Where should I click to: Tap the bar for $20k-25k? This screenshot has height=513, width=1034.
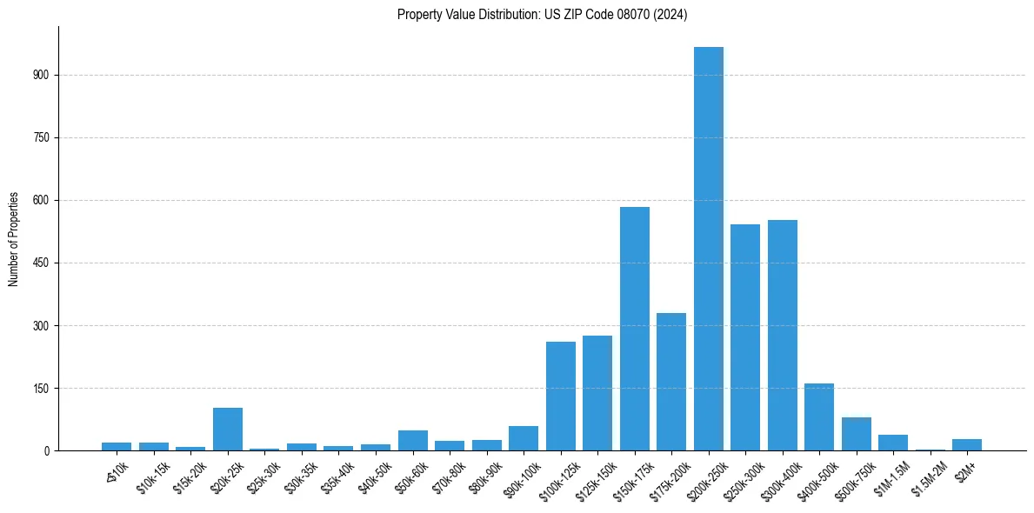[x=228, y=430]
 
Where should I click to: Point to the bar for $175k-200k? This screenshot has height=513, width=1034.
[x=671, y=382]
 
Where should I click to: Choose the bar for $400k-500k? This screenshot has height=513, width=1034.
[x=819, y=417]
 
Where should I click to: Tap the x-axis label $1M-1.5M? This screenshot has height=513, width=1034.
[x=891, y=476]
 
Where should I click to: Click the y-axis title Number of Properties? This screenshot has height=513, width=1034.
[x=13, y=239]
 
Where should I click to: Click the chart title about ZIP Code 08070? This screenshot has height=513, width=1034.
[x=542, y=15]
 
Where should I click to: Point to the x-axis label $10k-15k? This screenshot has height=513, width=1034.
[x=152, y=476]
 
